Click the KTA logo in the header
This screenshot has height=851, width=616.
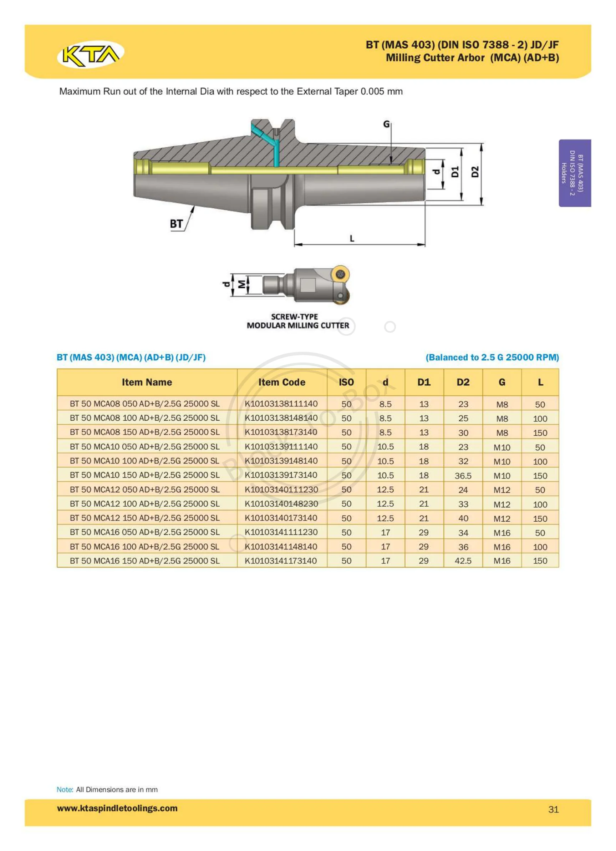click(x=90, y=54)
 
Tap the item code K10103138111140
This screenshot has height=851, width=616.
click(x=281, y=404)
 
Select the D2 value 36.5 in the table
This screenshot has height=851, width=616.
click(x=463, y=476)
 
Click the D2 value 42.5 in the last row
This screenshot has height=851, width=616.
click(x=463, y=561)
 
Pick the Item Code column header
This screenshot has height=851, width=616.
click(x=282, y=382)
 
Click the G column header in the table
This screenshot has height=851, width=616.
click(x=502, y=382)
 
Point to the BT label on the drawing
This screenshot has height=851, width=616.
click(x=176, y=224)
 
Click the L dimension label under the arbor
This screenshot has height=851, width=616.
click(x=352, y=238)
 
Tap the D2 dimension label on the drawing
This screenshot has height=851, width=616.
click(x=475, y=172)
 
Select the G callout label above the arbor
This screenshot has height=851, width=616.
click(x=386, y=124)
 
